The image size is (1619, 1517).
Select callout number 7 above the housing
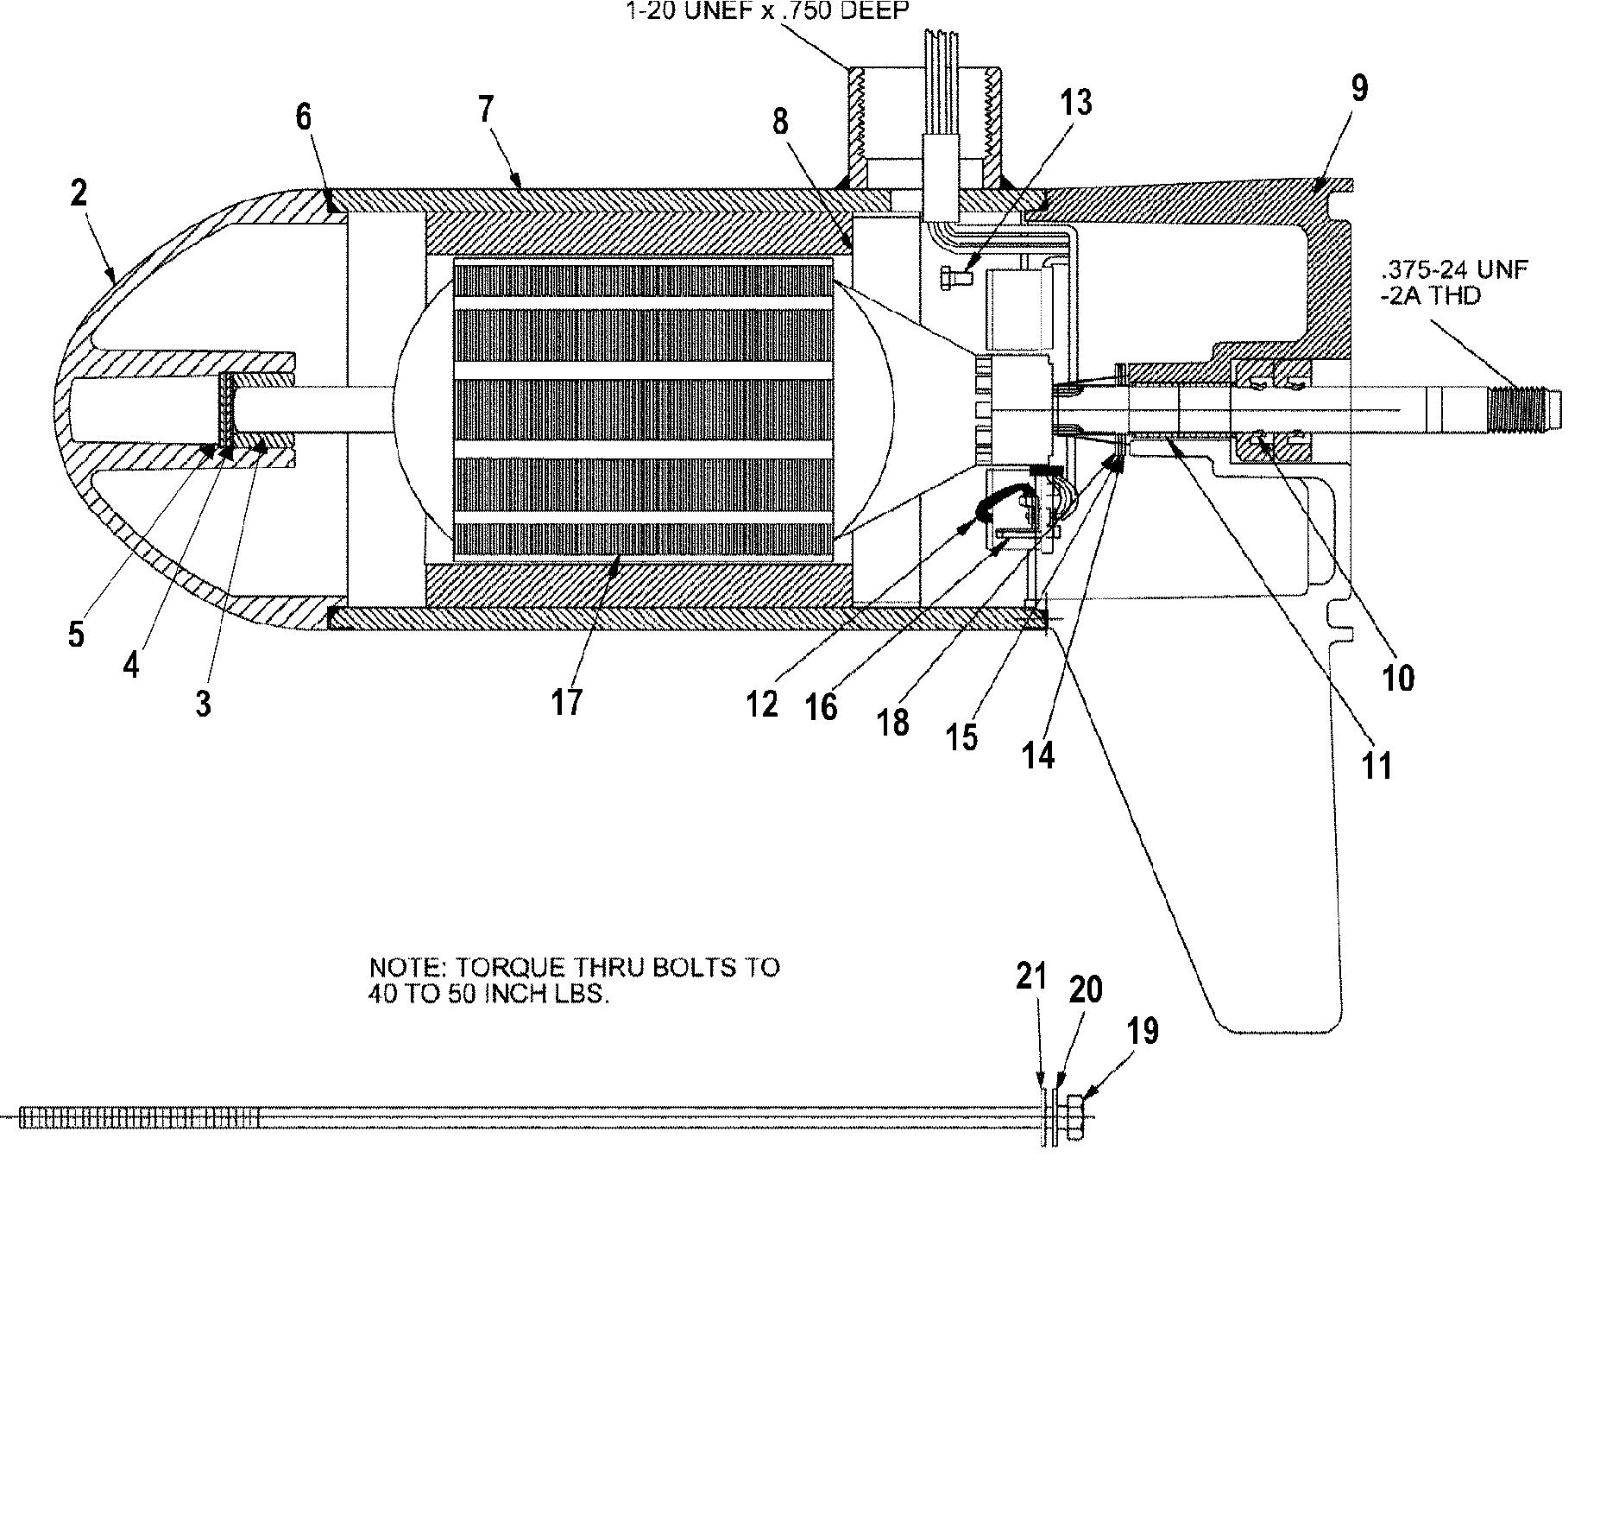pyautogui.click(x=486, y=111)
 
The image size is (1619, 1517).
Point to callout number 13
pyautogui.click(x=1075, y=103)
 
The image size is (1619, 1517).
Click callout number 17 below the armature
pyautogui.click(x=567, y=702)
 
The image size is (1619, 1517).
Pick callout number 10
pyautogui.click(x=1398, y=679)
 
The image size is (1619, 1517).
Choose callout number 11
pyautogui.click(x=1376, y=765)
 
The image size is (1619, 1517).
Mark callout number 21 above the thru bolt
pyautogui.click(x=1030, y=977)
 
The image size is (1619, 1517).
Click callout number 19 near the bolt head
pyautogui.click(x=1143, y=1031)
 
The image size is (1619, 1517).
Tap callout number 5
pyautogui.click(x=76, y=635)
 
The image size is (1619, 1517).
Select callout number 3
pyautogui.click(x=203, y=704)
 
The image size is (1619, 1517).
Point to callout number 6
pyautogui.click(x=303, y=117)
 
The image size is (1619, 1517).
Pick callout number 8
pyautogui.click(x=780, y=122)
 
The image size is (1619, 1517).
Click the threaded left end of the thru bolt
pyautogui.click(x=138, y=1118)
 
